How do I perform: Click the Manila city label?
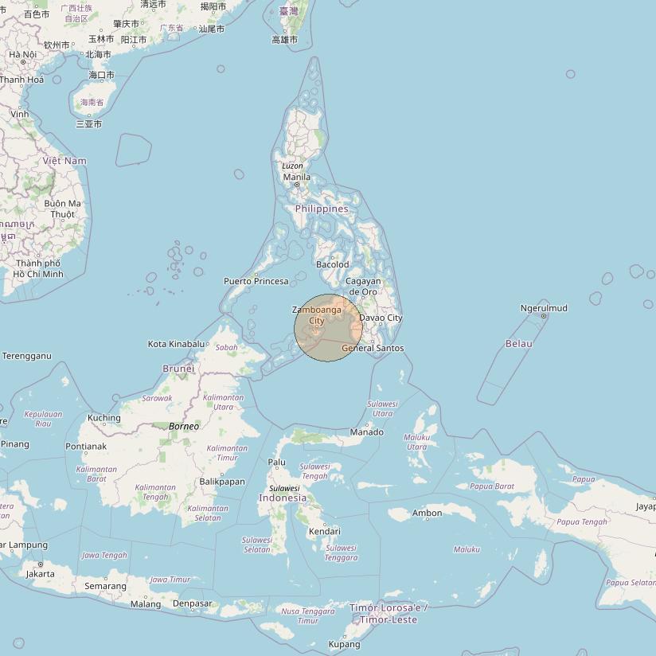(297, 177)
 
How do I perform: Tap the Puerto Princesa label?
(256, 281)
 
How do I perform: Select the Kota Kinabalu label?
(176, 344)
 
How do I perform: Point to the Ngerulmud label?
(544, 308)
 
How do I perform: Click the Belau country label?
(518, 343)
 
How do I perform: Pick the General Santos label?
(373, 348)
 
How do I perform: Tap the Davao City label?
(381, 318)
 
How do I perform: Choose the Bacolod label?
(332, 264)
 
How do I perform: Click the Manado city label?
(367, 432)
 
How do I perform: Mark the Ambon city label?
(427, 513)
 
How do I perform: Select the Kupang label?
(345, 644)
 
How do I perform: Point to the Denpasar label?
(193, 603)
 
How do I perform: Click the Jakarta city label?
(41, 573)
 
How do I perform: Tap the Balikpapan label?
(222, 482)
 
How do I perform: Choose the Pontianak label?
(87, 447)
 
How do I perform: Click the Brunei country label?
(178, 369)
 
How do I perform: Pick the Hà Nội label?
(23, 54)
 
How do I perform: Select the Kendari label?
(324, 531)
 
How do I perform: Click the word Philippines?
(322, 209)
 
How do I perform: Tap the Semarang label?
(105, 586)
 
